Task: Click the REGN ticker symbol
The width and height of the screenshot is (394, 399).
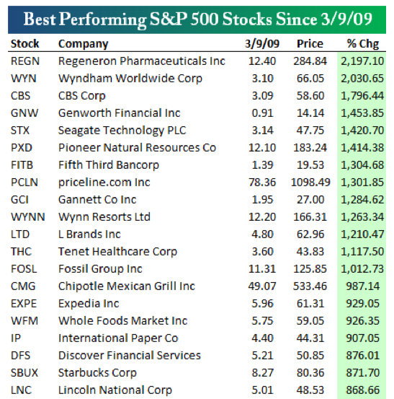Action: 25,61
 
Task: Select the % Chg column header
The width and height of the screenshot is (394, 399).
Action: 363,44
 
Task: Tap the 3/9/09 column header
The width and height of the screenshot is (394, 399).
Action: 262,44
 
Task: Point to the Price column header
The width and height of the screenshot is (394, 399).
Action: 310,44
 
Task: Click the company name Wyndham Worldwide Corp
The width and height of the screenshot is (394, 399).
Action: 130,79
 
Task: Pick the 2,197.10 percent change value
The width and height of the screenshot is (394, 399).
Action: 362,61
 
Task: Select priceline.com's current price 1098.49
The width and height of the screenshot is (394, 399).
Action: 310,183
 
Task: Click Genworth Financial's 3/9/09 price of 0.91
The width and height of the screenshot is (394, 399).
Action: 262,113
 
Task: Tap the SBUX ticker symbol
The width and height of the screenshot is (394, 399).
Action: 24,373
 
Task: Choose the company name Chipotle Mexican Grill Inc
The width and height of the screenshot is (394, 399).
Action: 127,286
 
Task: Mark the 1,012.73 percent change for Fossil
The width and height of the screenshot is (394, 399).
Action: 362,268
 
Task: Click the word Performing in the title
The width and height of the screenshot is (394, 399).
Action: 102,19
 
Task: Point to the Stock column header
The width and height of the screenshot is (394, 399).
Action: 24,44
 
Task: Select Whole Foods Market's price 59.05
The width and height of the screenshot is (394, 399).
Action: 310,321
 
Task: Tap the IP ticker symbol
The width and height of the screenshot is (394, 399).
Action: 16,338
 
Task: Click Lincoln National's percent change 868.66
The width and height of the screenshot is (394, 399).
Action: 362,390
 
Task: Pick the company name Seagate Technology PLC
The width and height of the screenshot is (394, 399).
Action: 122,131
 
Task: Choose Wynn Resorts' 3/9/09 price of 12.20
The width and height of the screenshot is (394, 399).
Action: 262,216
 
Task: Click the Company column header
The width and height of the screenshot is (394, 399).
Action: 84,44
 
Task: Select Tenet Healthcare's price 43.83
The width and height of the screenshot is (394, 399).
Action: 310,252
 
